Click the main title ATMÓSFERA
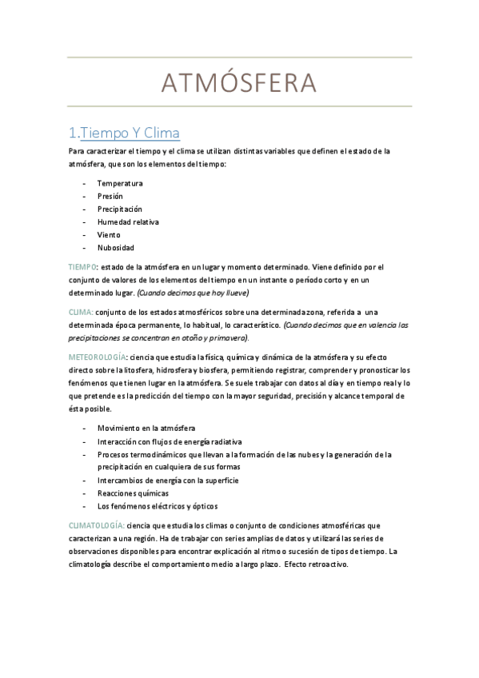pos(239,82)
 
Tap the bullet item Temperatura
pos(120,183)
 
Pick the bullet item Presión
pos(110,196)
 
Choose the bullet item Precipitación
pos(119,209)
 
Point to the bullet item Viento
pos(109,234)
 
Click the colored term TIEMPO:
pos(82,266)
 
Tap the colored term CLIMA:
pos(80,312)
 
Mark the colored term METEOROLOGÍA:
pos(96,357)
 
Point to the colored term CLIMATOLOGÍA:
pos(95,524)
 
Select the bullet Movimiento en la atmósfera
pos(146,429)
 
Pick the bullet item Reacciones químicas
pos(133,493)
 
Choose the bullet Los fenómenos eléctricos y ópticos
pos(157,506)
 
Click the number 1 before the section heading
pos(73,133)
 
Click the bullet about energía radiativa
pos(170,441)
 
